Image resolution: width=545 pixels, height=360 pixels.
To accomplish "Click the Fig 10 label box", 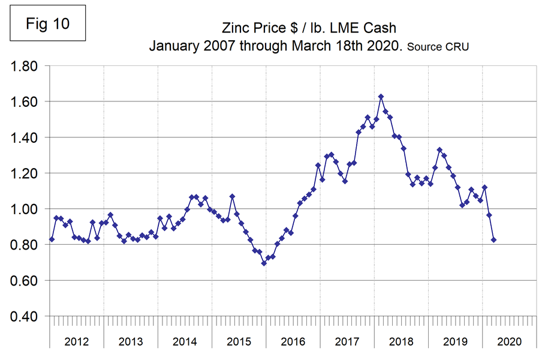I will (x=48, y=23).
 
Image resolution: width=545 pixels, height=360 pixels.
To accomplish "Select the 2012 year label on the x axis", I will (x=77, y=341).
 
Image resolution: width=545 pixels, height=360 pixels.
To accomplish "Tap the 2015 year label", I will (x=239, y=341).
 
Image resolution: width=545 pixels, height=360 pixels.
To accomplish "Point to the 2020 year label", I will (x=510, y=341).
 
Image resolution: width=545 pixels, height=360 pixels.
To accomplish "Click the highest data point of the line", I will (x=381, y=97).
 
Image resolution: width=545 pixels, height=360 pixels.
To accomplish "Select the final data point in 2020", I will (x=494, y=240).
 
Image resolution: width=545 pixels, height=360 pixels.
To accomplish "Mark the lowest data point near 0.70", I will (x=264, y=263).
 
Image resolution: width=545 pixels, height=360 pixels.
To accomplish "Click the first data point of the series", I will (x=52, y=239).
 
